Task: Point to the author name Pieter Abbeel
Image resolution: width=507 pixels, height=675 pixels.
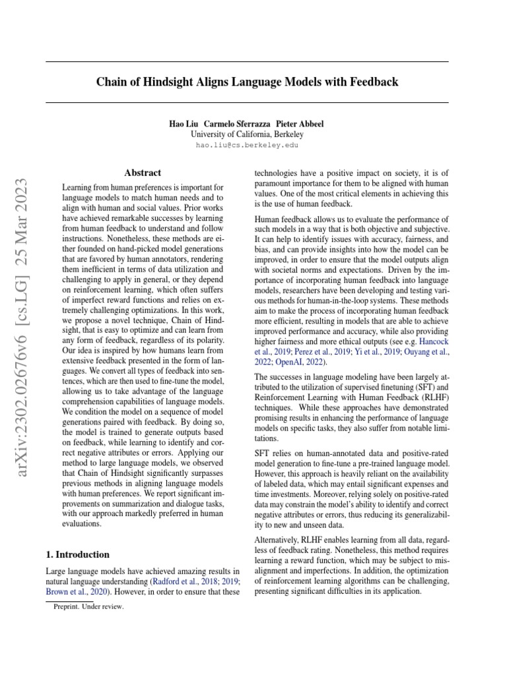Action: click(x=300, y=124)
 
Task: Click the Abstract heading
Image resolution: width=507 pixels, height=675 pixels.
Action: click(x=143, y=173)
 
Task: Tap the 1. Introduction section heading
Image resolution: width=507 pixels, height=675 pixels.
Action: click(x=78, y=554)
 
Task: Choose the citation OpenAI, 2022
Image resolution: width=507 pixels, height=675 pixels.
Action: click(x=305, y=362)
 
